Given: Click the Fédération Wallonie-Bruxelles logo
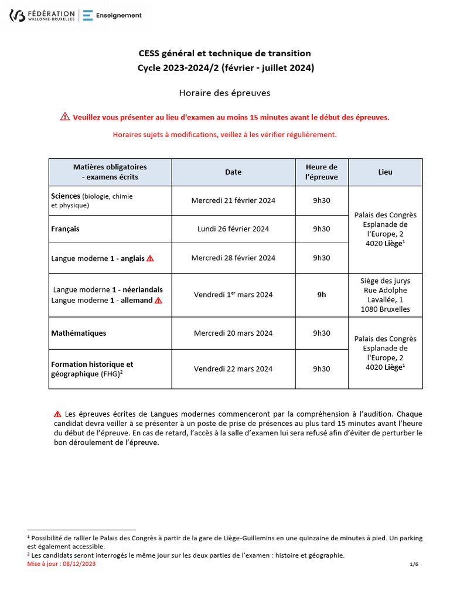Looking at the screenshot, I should (42, 15).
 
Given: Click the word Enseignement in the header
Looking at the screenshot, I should (119, 15).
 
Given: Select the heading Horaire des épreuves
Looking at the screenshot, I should (224, 93).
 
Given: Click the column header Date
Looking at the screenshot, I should (233, 172).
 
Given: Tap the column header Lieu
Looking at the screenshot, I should (386, 172).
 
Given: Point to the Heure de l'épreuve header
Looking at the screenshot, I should (322, 172).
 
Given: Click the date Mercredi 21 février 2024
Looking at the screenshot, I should (233, 200).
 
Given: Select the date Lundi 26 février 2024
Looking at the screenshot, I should (233, 229).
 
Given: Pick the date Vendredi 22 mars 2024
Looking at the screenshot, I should (233, 369).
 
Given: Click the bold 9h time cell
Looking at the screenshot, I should (322, 295).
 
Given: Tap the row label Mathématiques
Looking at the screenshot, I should (79, 333).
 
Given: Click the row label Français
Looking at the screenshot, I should (66, 229).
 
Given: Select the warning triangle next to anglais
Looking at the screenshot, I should (150, 258).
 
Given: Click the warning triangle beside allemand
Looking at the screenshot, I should (158, 301).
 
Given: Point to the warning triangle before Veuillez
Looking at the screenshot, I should (65, 117).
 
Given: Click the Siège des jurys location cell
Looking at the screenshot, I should (386, 295).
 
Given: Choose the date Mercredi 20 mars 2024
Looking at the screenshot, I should (233, 333).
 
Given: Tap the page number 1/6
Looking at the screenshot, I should (414, 564).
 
